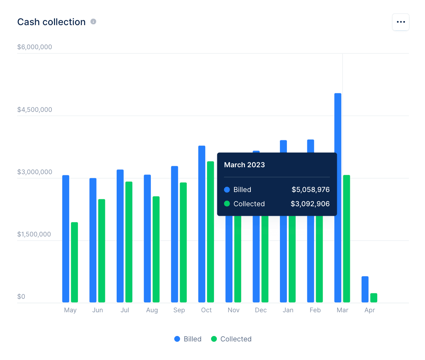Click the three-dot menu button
tap(401, 22)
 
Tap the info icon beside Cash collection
tap(93, 22)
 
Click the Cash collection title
tap(51, 22)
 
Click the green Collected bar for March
tap(346, 239)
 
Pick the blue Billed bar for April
tap(365, 289)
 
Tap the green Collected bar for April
tap(374, 298)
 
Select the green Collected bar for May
tap(74, 262)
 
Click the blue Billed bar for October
tap(202, 224)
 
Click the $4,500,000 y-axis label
tap(35, 110)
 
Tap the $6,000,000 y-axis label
tap(35, 47)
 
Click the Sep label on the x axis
tap(179, 310)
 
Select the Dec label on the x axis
tap(261, 310)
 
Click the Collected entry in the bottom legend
tap(231, 339)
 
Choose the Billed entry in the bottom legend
tap(188, 339)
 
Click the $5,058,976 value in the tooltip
tap(311, 189)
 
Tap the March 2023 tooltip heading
tap(245, 165)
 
